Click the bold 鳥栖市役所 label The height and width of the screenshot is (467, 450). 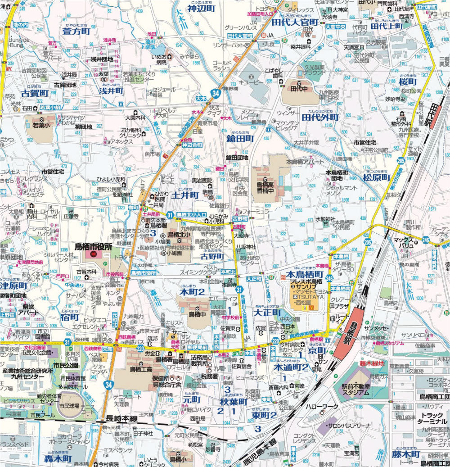pos(93,246)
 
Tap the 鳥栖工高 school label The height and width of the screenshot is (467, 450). pos(142,370)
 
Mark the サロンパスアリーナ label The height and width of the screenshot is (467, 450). pos(348,426)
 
